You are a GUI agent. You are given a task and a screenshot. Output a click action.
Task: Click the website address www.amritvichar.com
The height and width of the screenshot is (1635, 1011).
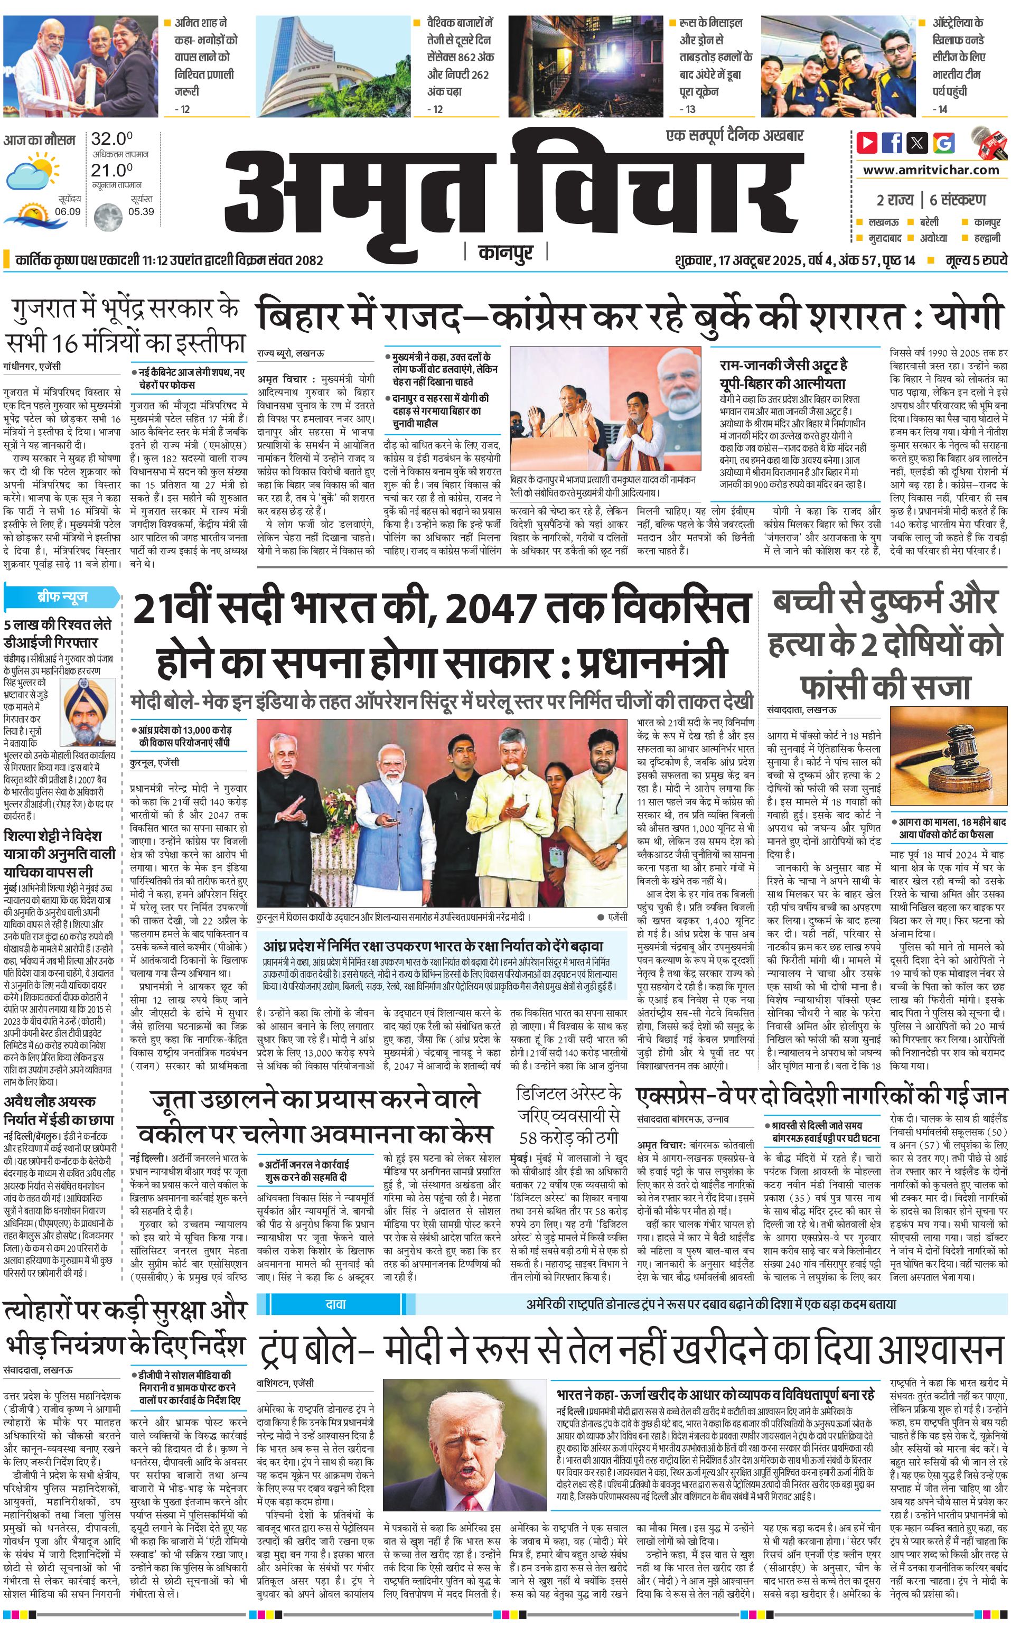coord(931,170)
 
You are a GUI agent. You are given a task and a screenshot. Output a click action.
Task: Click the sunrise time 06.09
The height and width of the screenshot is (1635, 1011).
coord(68,211)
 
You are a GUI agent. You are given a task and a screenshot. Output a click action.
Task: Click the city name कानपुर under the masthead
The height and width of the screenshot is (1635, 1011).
coord(506,253)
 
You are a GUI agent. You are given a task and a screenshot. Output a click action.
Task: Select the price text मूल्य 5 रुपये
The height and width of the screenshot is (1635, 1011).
coord(976,260)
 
